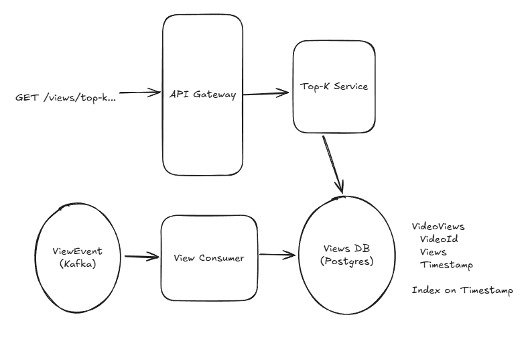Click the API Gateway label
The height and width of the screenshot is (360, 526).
pos(202,95)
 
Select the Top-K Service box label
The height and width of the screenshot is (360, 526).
pos(334,86)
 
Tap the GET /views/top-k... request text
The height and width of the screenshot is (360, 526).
pos(66,98)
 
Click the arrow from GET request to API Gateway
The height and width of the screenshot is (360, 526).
pos(140,93)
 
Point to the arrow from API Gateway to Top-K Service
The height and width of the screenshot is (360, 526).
pos(266,93)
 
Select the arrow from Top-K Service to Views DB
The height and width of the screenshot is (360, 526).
pos(333,164)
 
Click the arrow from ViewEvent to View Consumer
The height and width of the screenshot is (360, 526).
pos(142,257)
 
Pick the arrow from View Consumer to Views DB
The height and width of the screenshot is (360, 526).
pos(277,255)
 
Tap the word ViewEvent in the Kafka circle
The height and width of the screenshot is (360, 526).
pos(78,251)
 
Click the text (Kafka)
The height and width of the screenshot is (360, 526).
pos(78,264)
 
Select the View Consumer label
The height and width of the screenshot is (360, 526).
pos(209,258)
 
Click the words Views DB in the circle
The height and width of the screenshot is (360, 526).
pos(346,249)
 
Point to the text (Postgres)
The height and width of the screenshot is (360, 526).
pos(347,261)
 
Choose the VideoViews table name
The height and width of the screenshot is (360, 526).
pos(438,227)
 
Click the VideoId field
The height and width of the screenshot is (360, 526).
pos(439,239)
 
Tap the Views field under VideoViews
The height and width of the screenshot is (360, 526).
pos(434,252)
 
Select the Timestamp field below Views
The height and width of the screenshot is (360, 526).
pos(446,265)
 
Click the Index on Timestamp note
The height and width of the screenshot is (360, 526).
pos(462,290)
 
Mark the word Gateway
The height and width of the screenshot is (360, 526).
pos(214,95)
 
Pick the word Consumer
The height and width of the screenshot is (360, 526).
pos(222,258)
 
